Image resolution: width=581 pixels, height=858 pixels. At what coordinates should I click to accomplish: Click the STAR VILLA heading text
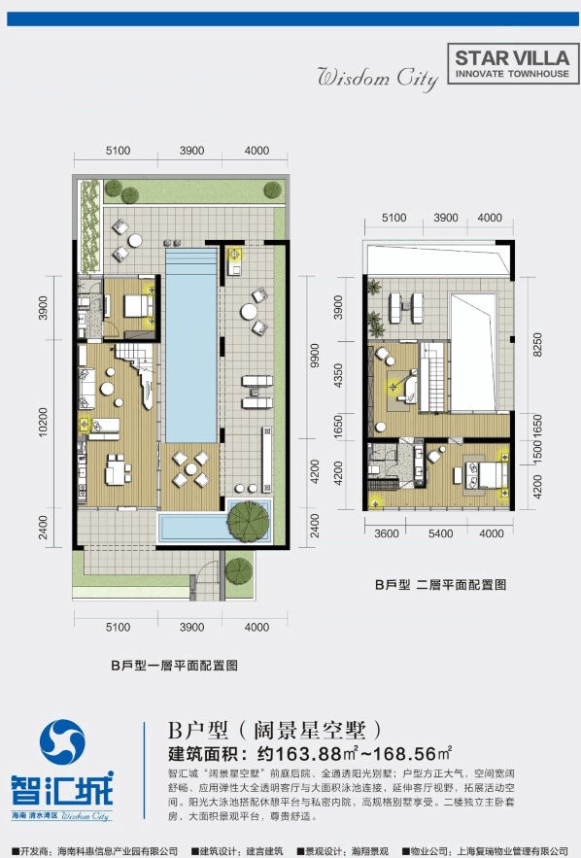point(511,59)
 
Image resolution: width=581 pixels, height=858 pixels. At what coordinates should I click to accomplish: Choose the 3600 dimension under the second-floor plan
point(388,532)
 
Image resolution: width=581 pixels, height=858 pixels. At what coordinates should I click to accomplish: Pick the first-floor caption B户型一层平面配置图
point(174,666)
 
